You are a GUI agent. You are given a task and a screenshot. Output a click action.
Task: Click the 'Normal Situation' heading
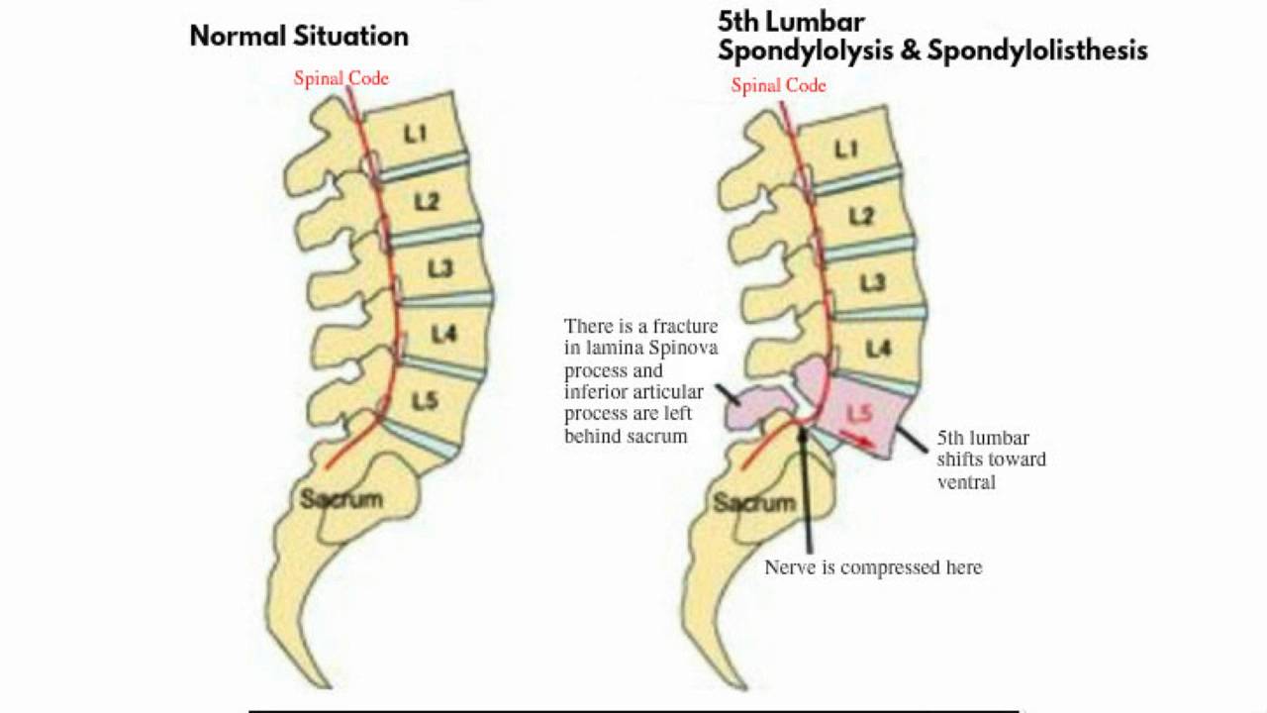(299, 37)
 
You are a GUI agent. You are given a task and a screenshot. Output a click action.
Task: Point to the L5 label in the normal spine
(425, 401)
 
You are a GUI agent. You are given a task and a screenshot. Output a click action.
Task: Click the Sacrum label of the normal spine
(341, 498)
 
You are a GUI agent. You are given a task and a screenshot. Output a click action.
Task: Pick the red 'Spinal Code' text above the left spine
(341, 78)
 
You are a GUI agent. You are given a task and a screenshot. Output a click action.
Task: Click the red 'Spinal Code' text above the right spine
(778, 85)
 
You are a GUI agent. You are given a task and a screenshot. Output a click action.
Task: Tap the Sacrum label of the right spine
(754, 502)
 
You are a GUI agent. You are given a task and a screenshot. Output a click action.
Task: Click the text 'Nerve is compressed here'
(873, 567)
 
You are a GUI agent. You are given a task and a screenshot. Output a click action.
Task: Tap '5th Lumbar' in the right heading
(791, 21)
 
